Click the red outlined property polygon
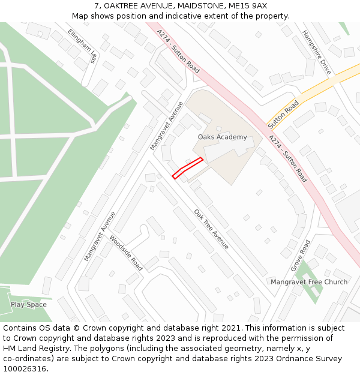pos(187,168)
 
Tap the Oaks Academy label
pos(222,137)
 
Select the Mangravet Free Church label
pos(308,282)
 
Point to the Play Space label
pos(28,305)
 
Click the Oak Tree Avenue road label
pos(211,229)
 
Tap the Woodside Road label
pos(126,253)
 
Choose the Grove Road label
pos(300,256)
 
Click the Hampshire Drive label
pos(317,52)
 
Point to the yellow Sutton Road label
pos(283,115)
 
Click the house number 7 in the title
pos(96,6)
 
